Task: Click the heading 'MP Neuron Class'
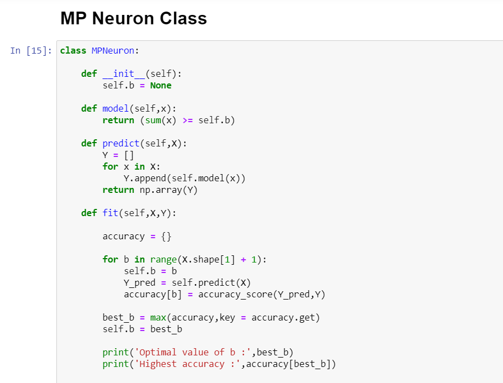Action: tap(133, 18)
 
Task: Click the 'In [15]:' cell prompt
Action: tap(31, 51)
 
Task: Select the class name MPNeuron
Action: tap(113, 51)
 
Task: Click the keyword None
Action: tap(161, 86)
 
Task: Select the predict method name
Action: tap(121, 144)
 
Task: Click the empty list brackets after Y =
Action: tap(129, 155)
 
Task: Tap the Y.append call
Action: tap(145, 179)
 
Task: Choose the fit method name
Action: tap(108, 213)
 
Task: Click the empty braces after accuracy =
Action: tap(166, 237)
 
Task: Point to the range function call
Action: tap(164, 260)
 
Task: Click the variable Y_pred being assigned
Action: tap(140, 283)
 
